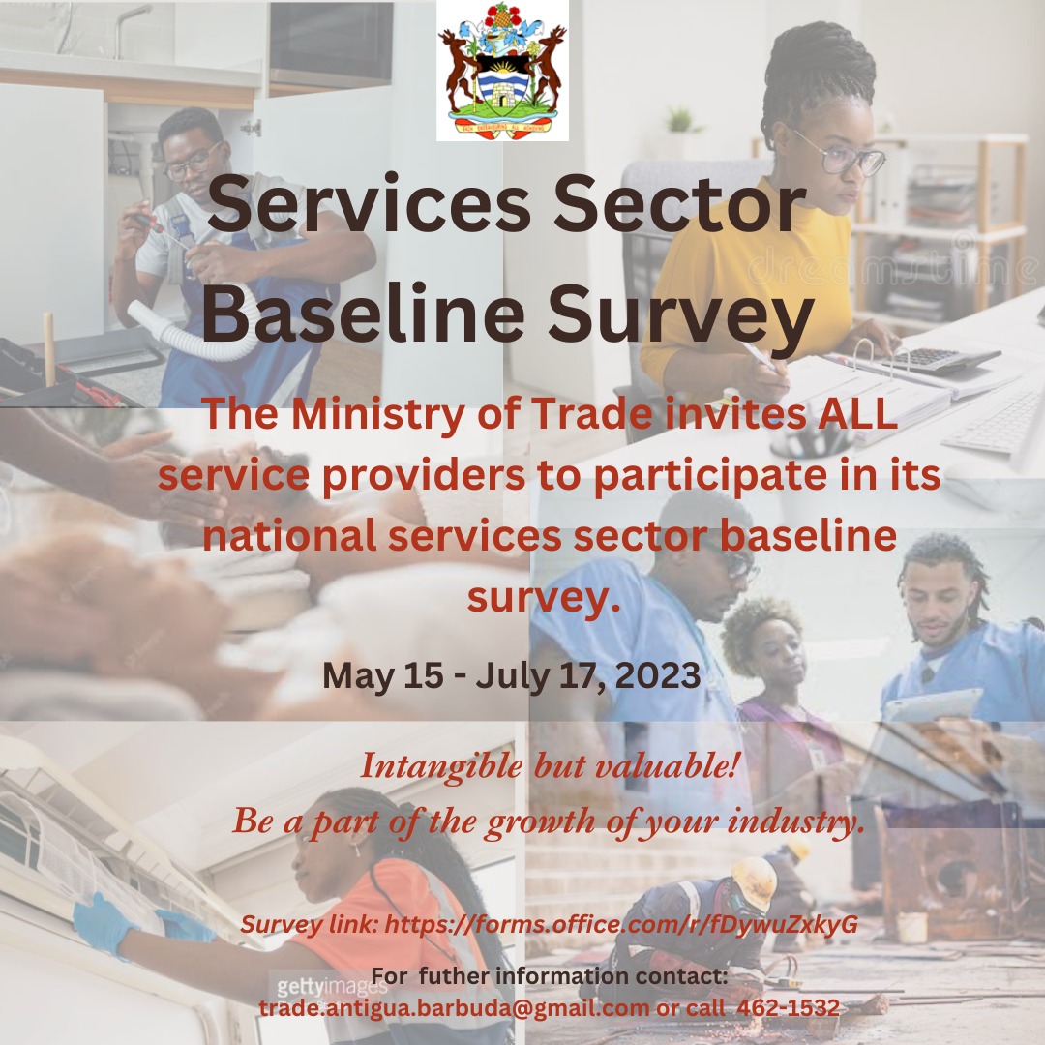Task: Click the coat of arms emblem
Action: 502,70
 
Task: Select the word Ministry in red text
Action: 378,413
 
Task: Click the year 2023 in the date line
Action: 658,675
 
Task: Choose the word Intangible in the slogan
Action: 442,766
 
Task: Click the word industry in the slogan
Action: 796,821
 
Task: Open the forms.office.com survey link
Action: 621,925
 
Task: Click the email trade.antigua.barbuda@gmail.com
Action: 454,1008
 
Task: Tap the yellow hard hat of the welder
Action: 755,880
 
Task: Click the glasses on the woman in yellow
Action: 843,156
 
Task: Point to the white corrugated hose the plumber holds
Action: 187,333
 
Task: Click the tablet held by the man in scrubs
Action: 933,706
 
